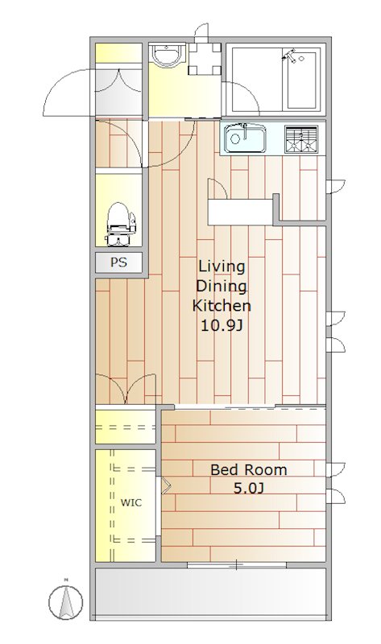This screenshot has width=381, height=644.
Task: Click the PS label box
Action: pyautogui.click(x=118, y=262)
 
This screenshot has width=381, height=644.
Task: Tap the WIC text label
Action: pyautogui.click(x=131, y=502)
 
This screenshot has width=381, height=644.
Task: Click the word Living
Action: pyautogui.click(x=222, y=267)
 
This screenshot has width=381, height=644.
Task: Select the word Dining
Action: pyautogui.click(x=222, y=287)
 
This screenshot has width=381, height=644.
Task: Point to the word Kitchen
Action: pyautogui.click(x=222, y=306)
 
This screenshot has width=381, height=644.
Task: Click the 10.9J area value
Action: pyautogui.click(x=222, y=325)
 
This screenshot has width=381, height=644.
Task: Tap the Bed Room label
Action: pyautogui.click(x=249, y=469)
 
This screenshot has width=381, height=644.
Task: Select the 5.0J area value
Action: pyautogui.click(x=249, y=488)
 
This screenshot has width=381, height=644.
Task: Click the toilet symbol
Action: pyautogui.click(x=121, y=224)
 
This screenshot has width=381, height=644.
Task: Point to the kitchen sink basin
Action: pyautogui.click(x=245, y=138)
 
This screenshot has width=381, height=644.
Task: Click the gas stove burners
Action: pyautogui.click(x=301, y=139)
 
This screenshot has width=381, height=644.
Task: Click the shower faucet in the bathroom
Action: pyautogui.click(x=291, y=56)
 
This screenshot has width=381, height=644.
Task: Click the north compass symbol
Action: pyautogui.click(x=65, y=602)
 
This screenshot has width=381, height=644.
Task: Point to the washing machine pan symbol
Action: pyautogui.click(x=205, y=58)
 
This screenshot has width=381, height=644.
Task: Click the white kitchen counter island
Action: pyautogui.click(x=240, y=212)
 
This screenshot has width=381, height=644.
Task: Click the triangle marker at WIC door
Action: pyautogui.click(x=166, y=486)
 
